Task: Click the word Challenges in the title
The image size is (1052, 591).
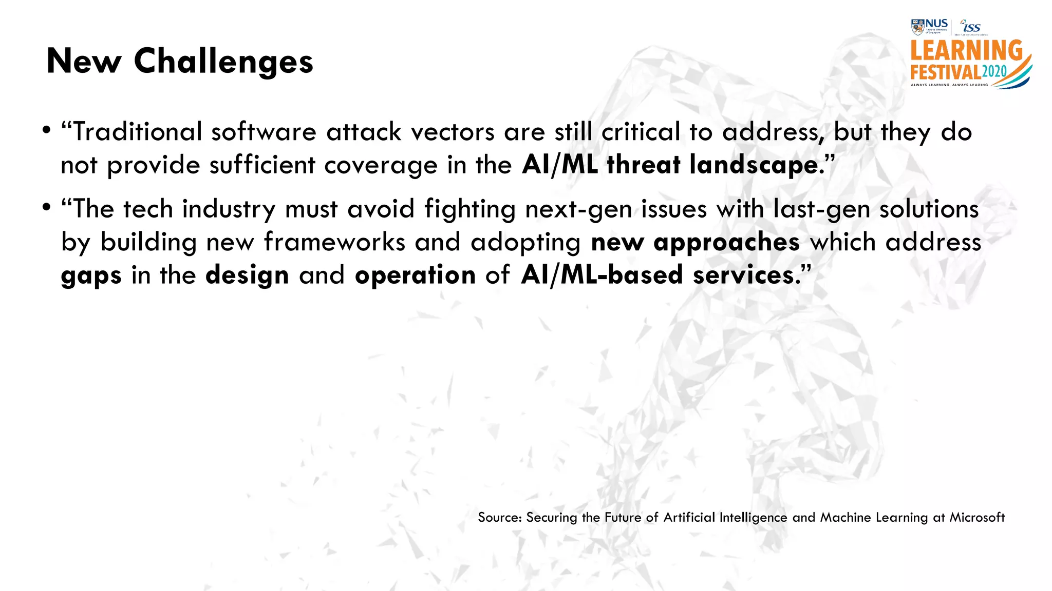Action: [223, 62]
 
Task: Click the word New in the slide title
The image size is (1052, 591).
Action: [84, 62]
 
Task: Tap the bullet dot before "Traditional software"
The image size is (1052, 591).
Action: [47, 130]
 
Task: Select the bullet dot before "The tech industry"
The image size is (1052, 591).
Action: [47, 207]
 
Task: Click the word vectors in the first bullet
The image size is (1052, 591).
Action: [452, 132]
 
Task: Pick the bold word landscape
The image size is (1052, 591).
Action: [754, 165]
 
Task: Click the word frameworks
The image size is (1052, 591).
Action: [334, 242]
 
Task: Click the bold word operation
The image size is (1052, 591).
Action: [415, 275]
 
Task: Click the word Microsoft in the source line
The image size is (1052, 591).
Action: [976, 517]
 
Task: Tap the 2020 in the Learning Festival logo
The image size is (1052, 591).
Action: [994, 71]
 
